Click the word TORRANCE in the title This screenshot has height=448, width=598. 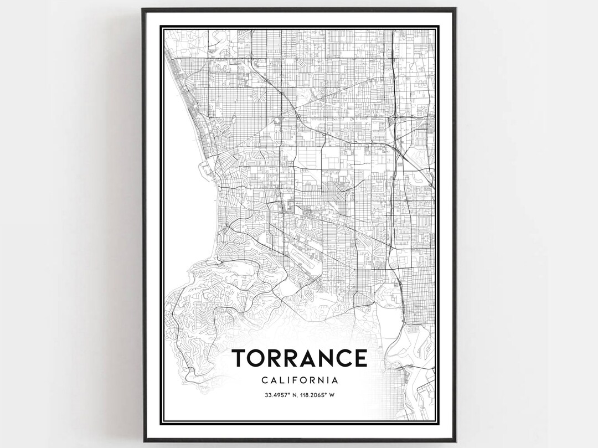[299, 359]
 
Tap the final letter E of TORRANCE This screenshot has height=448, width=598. [360, 359]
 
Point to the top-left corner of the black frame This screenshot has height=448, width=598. [143, 9]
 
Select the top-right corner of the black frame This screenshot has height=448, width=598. [455, 9]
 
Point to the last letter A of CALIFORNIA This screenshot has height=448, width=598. [336, 380]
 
